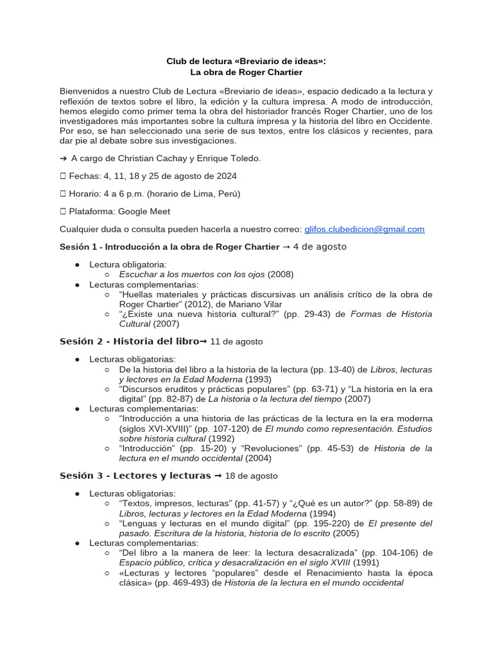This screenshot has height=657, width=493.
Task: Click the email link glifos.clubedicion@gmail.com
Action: point(364,229)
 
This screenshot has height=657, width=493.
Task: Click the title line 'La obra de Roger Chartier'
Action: point(246,73)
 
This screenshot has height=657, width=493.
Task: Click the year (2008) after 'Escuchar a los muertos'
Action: point(281,274)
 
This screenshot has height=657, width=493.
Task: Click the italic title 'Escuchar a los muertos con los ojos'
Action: point(192,274)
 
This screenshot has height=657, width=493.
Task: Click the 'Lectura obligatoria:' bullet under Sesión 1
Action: point(128,264)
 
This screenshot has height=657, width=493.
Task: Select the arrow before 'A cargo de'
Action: point(64,158)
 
